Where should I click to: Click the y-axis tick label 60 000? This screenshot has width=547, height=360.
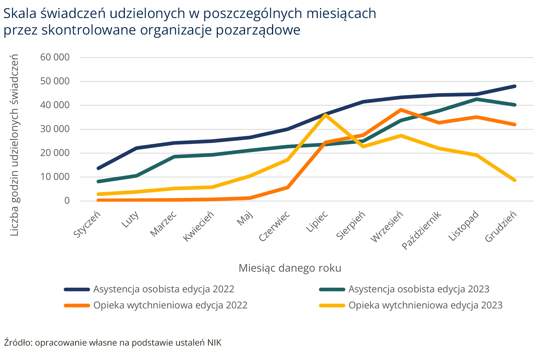coord(55,57)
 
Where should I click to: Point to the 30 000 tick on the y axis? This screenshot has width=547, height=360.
coord(55,129)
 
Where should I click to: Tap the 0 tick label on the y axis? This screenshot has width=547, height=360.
coord(67,201)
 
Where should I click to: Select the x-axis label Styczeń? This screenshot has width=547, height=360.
coord(87,224)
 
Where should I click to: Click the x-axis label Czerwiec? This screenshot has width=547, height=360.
coord(275,226)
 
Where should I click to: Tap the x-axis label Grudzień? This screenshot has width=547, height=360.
coord(501,226)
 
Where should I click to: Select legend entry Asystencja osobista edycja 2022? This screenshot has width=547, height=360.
coord(164,289)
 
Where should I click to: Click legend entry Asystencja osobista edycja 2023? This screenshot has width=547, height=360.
coord(419,289)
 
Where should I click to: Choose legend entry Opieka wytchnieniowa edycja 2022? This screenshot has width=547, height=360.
coord(170,305)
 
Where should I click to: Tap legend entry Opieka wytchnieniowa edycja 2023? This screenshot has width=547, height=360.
coord(425,305)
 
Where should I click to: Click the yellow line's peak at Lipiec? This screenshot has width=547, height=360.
coord(325,115)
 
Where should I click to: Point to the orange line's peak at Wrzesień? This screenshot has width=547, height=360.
coord(401,110)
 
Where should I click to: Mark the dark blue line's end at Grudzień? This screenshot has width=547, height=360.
coord(515,86)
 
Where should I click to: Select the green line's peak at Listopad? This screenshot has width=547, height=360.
coord(477,99)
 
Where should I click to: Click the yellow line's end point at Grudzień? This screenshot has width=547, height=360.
coord(515,180)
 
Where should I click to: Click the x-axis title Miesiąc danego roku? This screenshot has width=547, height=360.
coord(290,268)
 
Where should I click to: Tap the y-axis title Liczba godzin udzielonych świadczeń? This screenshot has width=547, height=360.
coord(14,145)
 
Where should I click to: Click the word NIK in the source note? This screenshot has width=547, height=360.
coord(214,343)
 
